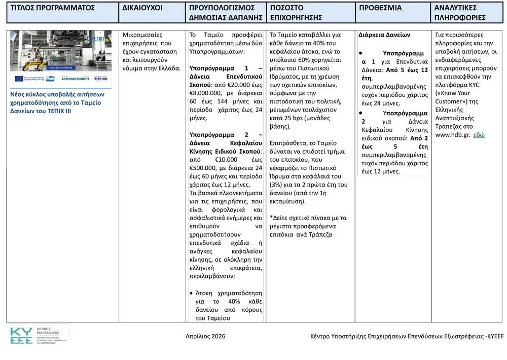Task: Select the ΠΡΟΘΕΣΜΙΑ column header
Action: tap(380, 8)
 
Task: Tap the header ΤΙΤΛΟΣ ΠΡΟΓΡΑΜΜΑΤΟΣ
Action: tap(53, 8)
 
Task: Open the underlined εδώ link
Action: tap(479, 135)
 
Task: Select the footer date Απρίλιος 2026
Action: tap(205, 336)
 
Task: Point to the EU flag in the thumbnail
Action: tap(19, 79)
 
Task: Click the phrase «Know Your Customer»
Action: tap(454, 97)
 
